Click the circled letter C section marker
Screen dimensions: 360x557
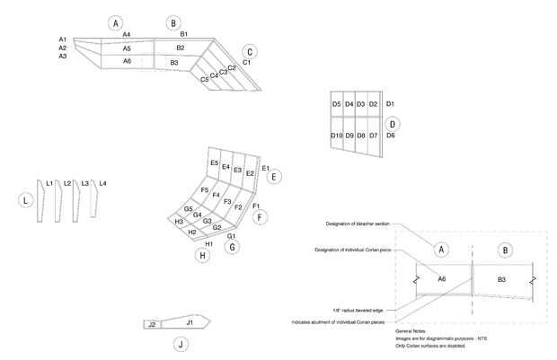point(250,52)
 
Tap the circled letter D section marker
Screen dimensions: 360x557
point(392,123)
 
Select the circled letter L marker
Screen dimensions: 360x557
point(28,199)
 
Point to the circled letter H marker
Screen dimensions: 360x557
point(202,256)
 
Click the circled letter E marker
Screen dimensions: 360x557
point(274,178)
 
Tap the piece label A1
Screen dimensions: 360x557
point(63,40)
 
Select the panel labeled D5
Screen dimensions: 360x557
point(336,105)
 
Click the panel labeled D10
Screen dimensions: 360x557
point(336,136)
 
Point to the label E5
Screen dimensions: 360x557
point(214,162)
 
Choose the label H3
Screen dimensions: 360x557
point(179,221)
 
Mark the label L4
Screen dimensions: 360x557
point(102,183)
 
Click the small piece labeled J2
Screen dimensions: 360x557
point(153,323)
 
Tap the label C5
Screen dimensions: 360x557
point(205,80)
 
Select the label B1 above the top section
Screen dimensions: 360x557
point(183,34)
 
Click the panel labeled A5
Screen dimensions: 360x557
point(127,48)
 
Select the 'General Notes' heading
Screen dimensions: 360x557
point(409,330)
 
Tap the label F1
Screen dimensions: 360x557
point(256,206)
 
